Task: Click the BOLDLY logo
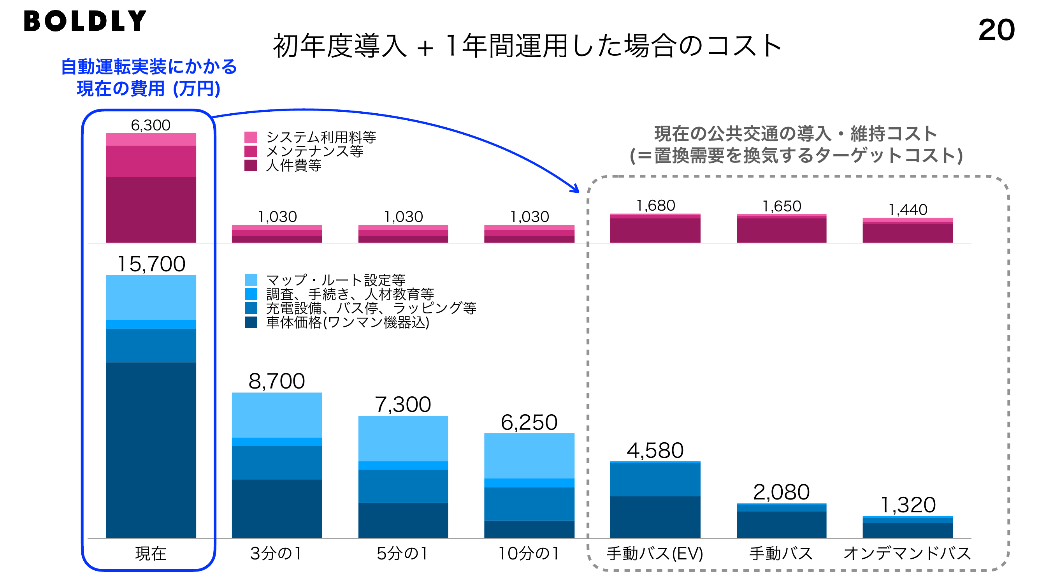click(x=85, y=21)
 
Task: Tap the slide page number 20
click(x=996, y=30)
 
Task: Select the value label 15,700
click(x=151, y=264)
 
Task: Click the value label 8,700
click(x=277, y=381)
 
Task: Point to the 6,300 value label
click(x=151, y=125)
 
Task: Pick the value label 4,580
click(x=655, y=450)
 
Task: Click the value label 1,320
click(x=908, y=505)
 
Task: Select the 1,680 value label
click(x=655, y=206)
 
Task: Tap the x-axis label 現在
click(x=151, y=554)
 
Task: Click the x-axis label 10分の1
click(x=529, y=554)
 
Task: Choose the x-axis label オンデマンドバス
click(x=908, y=554)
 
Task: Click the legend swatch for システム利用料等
click(x=251, y=137)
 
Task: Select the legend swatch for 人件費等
click(x=251, y=165)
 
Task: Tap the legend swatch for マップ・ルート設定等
click(x=251, y=280)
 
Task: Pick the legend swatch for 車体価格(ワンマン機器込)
click(x=251, y=322)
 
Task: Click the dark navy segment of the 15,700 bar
click(x=151, y=450)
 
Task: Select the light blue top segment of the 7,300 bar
click(x=403, y=438)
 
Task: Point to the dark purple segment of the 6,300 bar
click(x=151, y=210)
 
